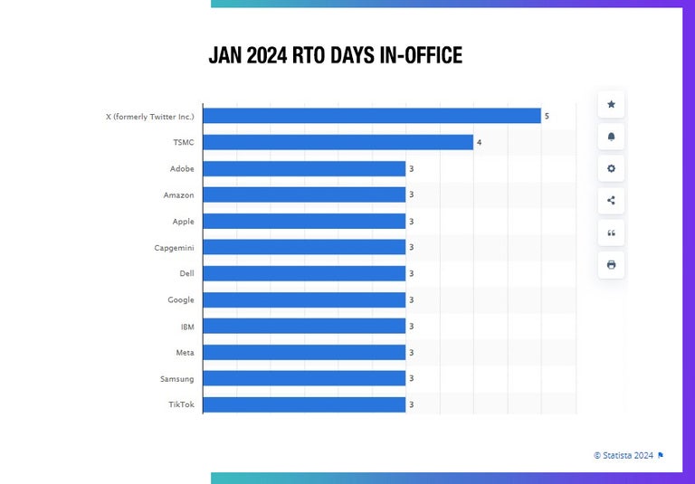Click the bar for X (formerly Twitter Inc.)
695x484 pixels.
372,116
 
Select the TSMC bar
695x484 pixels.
338,142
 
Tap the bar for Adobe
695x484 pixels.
304,168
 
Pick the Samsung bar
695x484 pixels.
304,378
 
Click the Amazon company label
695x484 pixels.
178,195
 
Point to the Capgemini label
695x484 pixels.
174,247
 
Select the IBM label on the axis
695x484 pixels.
187,326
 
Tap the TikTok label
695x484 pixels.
181,404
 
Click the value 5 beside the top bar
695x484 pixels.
547,116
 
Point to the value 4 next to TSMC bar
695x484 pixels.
479,142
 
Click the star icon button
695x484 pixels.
611,105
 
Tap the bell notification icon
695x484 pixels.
611,137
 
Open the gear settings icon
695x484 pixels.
611,168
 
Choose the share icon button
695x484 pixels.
611,201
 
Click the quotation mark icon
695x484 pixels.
611,233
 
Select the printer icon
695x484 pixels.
611,264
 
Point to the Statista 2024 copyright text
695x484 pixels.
624,455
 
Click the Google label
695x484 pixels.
180,299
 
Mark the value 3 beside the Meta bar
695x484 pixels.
411,352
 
